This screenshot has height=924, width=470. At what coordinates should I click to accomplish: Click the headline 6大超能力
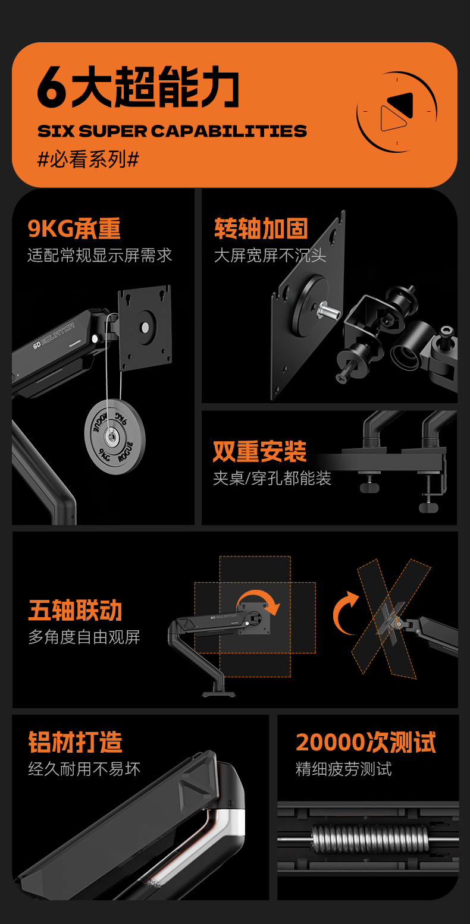pyautogui.click(x=138, y=87)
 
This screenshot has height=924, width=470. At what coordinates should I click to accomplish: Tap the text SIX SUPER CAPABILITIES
pyautogui.click(x=172, y=131)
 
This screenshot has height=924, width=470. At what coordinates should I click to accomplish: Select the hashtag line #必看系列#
pyautogui.click(x=88, y=159)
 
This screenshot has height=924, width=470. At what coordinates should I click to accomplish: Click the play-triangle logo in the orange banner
pyautogui.click(x=397, y=111)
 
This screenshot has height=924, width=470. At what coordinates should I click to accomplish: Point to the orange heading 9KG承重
pyautogui.click(x=74, y=228)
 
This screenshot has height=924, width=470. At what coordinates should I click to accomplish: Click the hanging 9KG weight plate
pyautogui.click(x=115, y=436)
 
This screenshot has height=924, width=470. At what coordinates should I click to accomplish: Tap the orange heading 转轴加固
pyautogui.click(x=261, y=228)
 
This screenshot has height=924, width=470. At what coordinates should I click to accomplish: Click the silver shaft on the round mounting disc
pyautogui.click(x=328, y=310)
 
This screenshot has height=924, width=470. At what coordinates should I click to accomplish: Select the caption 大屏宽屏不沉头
pyautogui.click(x=270, y=255)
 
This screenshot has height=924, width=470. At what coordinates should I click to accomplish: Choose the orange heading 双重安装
pyautogui.click(x=259, y=451)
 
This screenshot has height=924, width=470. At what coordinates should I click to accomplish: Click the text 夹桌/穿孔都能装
pyautogui.click(x=272, y=478)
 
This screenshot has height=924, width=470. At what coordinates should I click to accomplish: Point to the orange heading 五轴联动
pyautogui.click(x=75, y=610)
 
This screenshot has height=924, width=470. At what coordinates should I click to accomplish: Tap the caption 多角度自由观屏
pyautogui.click(x=84, y=637)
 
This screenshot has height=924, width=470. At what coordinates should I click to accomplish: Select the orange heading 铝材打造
pyautogui.click(x=75, y=742)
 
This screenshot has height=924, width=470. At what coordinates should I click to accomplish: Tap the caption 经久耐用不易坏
pyautogui.click(x=84, y=769)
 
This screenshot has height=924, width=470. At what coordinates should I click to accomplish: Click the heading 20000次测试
pyautogui.click(x=366, y=742)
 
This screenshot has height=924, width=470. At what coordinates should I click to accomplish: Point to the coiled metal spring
pyautogui.click(x=370, y=838)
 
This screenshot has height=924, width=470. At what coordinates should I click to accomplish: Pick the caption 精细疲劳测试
pyautogui.click(x=344, y=769)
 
